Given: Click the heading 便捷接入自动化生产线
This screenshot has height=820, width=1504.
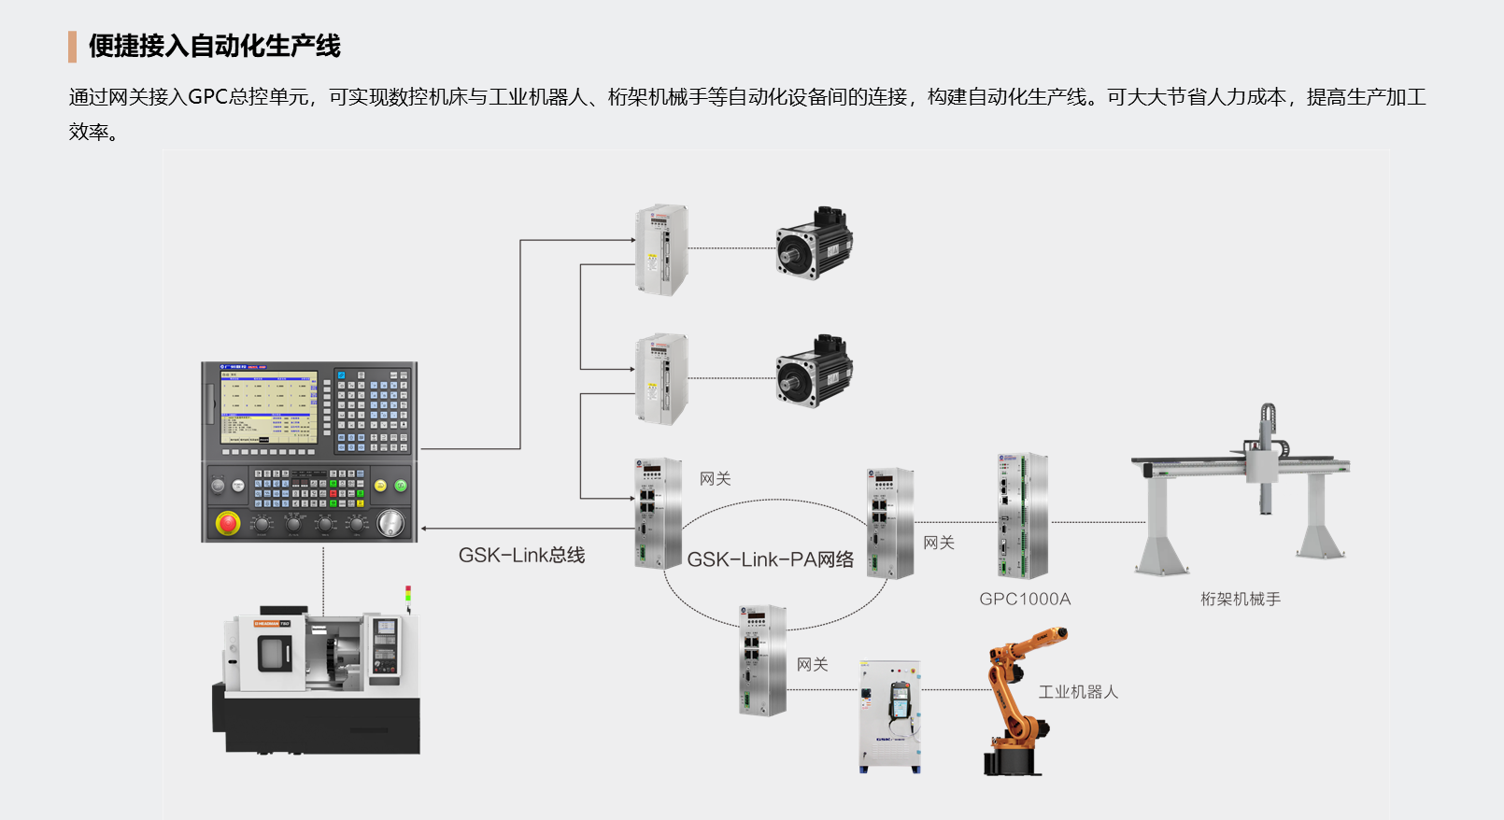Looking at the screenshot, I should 214,46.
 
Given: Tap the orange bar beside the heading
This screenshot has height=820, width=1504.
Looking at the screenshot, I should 72,46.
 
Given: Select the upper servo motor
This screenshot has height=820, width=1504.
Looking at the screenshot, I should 814,243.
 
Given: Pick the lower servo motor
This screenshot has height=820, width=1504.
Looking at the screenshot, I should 814,371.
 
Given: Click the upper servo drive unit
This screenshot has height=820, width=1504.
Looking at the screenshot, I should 661,250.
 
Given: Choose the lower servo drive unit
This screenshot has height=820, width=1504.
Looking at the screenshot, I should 661,379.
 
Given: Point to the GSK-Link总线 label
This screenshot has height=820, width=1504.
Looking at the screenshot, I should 521,556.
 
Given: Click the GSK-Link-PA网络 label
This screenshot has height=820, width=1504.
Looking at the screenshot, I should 771,559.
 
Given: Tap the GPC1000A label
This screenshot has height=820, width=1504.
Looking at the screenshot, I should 1025,600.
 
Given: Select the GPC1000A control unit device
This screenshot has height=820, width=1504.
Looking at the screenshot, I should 1022,516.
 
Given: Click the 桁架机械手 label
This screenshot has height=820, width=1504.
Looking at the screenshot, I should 1241,600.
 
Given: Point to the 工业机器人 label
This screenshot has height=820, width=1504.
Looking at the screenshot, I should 1078,692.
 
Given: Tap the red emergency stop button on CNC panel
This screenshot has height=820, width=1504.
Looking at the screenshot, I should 228,523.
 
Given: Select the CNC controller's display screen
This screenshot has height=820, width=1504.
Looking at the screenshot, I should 268,407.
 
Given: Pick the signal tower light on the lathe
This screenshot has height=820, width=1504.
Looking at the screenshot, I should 408,596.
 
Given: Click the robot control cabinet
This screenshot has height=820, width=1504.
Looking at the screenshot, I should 889,716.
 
